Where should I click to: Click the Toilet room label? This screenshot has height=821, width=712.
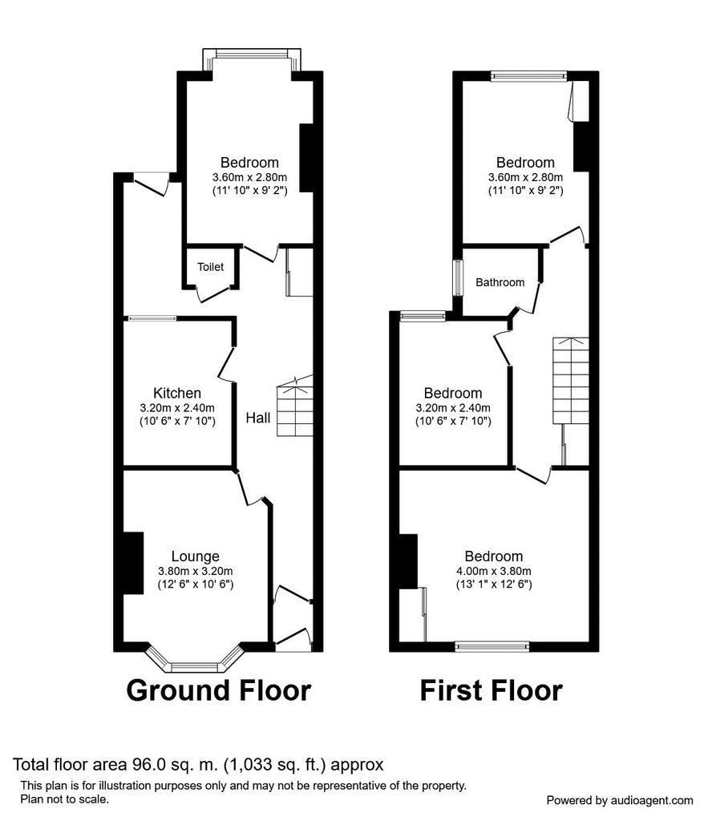point(210,267)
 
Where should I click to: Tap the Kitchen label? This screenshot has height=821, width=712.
point(177,393)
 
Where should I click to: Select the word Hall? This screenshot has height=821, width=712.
point(258,418)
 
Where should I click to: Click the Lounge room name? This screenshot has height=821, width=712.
point(196,556)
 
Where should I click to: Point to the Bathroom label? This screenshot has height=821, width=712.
point(500,283)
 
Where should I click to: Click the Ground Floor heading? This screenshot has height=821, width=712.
point(219,690)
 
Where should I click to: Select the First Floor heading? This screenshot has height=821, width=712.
point(491,690)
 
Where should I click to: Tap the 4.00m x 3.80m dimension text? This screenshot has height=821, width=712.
point(494,571)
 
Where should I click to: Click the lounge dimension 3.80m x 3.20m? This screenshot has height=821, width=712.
point(196,571)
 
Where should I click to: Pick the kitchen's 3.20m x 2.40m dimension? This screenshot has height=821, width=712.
point(177,408)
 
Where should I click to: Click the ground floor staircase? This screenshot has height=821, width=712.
point(295,406)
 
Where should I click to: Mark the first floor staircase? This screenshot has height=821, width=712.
point(571,381)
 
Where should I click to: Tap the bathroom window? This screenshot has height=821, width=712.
point(458,278)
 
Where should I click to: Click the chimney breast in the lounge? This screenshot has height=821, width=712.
point(133,564)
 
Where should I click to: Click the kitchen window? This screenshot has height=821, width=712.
point(152,317)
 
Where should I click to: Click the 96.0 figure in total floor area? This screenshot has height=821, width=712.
point(143,765)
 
